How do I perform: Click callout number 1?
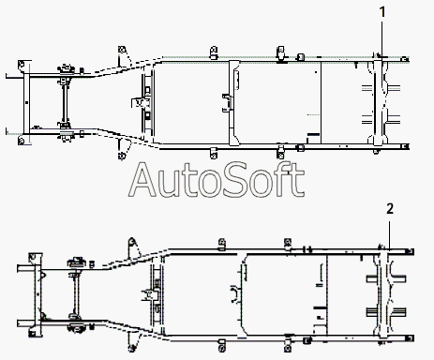pyautogui.click(x=382, y=12)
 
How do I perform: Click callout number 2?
pyautogui.click(x=390, y=209)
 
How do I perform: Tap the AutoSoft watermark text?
pyautogui.click(x=217, y=180)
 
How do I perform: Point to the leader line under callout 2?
pyautogui.click(x=389, y=234)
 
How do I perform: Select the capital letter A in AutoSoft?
pyautogui.click(x=142, y=180)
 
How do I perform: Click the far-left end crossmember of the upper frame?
pyautogui.click(x=26, y=102)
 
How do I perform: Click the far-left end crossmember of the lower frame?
pyautogui.click(x=37, y=293)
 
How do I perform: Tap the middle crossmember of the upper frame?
pyautogui.click(x=232, y=102)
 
